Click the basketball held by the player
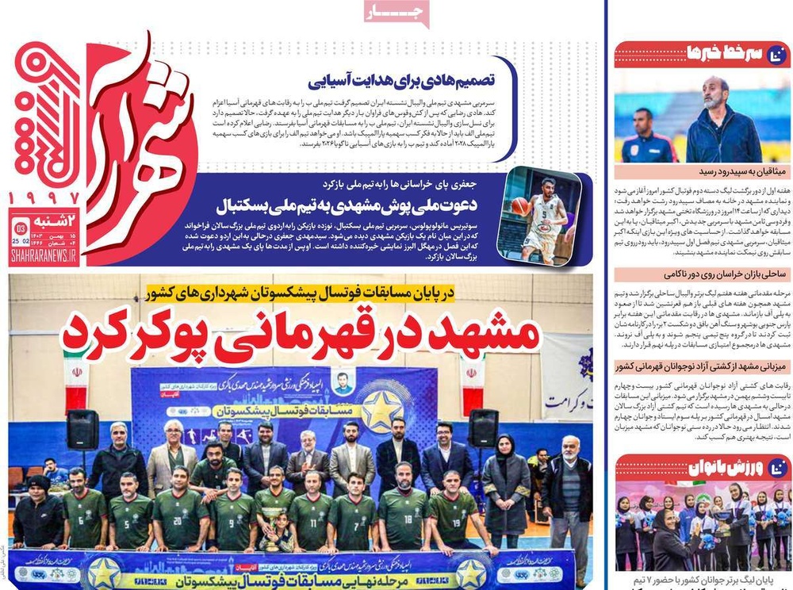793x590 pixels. click(x=520, y=206)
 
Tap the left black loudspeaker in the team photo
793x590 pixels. click(x=82, y=429)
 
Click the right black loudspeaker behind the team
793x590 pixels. click(x=482, y=427)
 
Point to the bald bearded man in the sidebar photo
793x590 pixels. click(x=720, y=115)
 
